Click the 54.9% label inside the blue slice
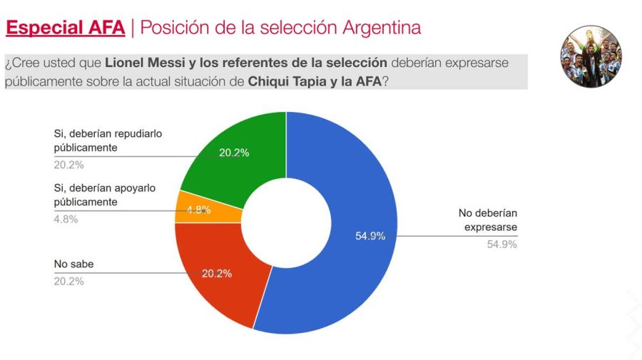coord(370,236)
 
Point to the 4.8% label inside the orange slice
coord(198,210)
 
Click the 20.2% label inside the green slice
coord(234,153)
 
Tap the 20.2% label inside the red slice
coord(217,273)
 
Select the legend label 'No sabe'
coord(73,264)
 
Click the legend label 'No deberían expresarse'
coord(488,220)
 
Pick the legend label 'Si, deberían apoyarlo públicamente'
coord(104,195)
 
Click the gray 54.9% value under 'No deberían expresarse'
coord(501,244)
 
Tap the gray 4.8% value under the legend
coord(66,220)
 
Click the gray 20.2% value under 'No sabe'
coord(68,281)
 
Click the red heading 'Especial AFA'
coord(65,28)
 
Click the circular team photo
coord(591,57)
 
